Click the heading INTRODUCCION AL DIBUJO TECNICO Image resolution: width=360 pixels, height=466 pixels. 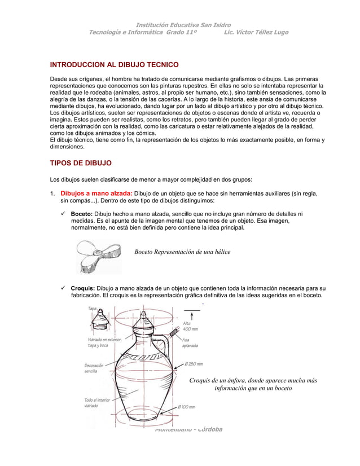115,65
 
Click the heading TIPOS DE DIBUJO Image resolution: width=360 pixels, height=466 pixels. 81,163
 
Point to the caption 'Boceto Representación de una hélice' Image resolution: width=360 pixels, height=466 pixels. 182,252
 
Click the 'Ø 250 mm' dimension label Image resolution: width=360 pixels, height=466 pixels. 192,364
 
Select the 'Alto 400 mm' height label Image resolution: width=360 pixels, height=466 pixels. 190,326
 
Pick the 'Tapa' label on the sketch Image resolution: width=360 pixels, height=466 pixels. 91,309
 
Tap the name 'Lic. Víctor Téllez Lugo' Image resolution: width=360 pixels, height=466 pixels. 256,33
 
